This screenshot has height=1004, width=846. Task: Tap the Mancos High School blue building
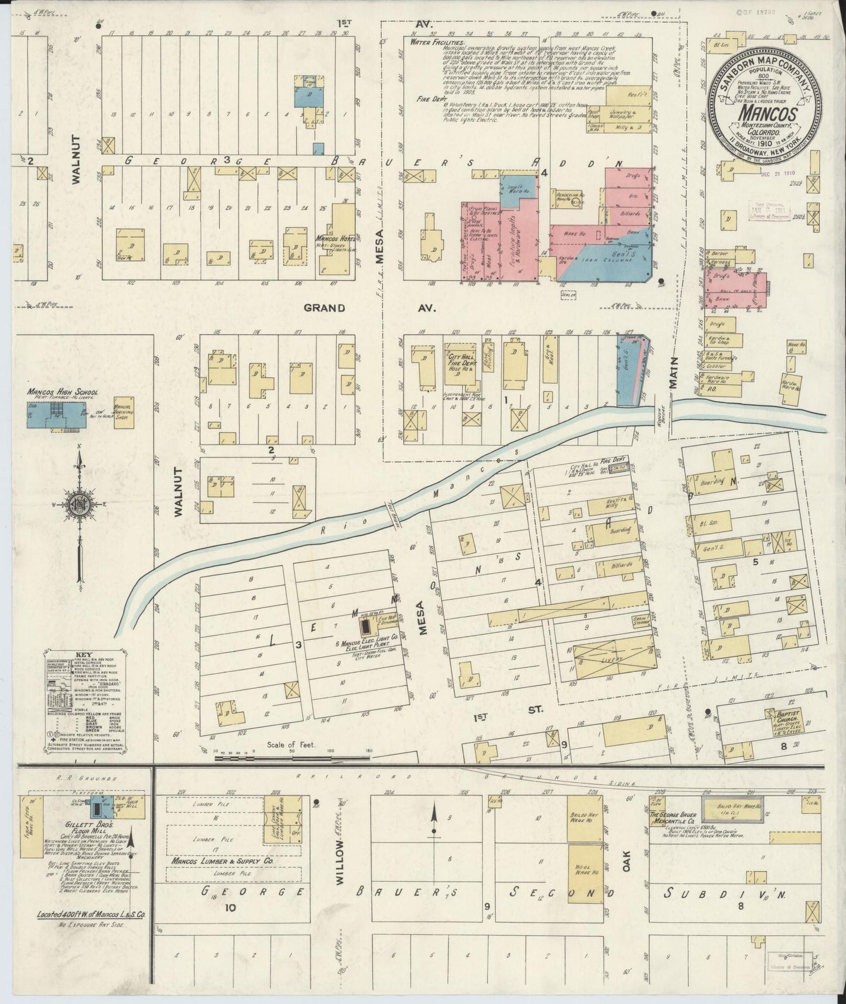coord(47,414)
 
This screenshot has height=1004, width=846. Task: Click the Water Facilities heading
coord(438,42)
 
